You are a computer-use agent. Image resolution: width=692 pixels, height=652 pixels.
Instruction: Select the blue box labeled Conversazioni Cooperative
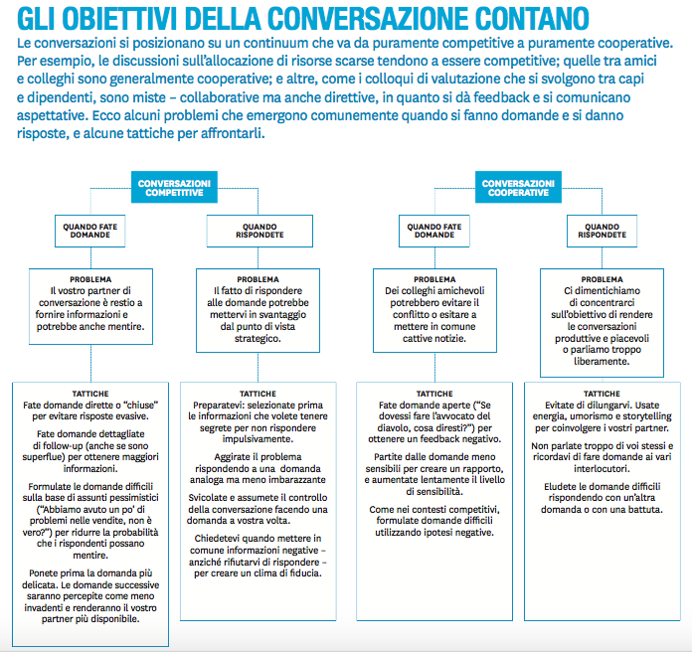pyautogui.click(x=517, y=188)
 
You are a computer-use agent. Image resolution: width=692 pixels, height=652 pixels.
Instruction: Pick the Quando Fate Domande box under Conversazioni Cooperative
pyautogui.click(x=434, y=232)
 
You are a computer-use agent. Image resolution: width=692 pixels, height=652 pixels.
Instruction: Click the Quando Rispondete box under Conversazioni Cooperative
pyautogui.click(x=603, y=232)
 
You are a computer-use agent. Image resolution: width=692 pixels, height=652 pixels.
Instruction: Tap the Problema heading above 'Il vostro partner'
pyautogui.click(x=90, y=279)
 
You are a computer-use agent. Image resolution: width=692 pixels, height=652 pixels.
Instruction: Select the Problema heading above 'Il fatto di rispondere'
pyautogui.click(x=259, y=279)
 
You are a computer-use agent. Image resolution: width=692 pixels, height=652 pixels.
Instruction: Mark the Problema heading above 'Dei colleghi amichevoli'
pyautogui.click(x=434, y=279)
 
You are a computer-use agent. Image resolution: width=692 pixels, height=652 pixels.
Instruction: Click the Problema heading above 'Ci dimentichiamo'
pyautogui.click(x=603, y=279)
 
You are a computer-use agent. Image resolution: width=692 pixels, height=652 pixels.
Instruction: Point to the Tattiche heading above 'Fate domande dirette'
pyautogui.click(x=90, y=394)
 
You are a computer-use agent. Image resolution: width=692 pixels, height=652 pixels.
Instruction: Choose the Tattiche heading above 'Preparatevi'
pyautogui.click(x=259, y=394)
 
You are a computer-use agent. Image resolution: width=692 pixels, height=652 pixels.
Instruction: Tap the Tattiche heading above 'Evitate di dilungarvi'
pyautogui.click(x=603, y=394)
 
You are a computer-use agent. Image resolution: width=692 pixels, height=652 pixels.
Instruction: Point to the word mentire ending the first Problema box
pyautogui.click(x=124, y=326)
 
